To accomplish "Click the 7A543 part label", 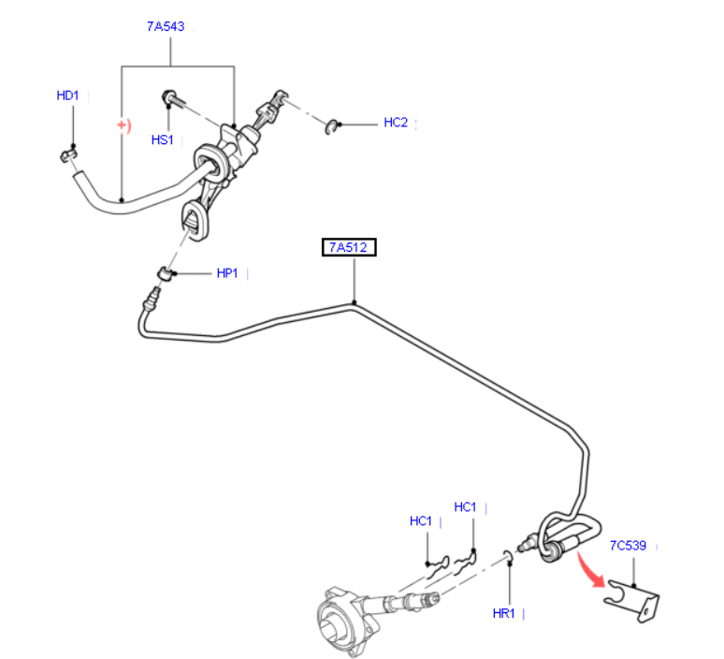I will tap(165, 26).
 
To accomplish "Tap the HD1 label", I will tap(68, 95).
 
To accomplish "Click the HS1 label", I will tap(163, 140).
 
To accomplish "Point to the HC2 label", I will tap(396, 123).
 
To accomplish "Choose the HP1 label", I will tap(227, 273).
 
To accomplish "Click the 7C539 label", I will tap(629, 544).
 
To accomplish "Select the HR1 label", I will tap(504, 613).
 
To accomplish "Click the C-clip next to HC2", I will tap(331, 125).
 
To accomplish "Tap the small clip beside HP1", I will tap(164, 273).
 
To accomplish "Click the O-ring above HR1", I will tap(508, 559).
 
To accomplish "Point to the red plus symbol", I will tap(122, 124).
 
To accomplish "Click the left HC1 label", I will tap(421, 521).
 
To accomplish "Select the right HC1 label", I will tap(465, 507).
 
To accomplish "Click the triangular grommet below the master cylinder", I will tap(195, 222).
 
